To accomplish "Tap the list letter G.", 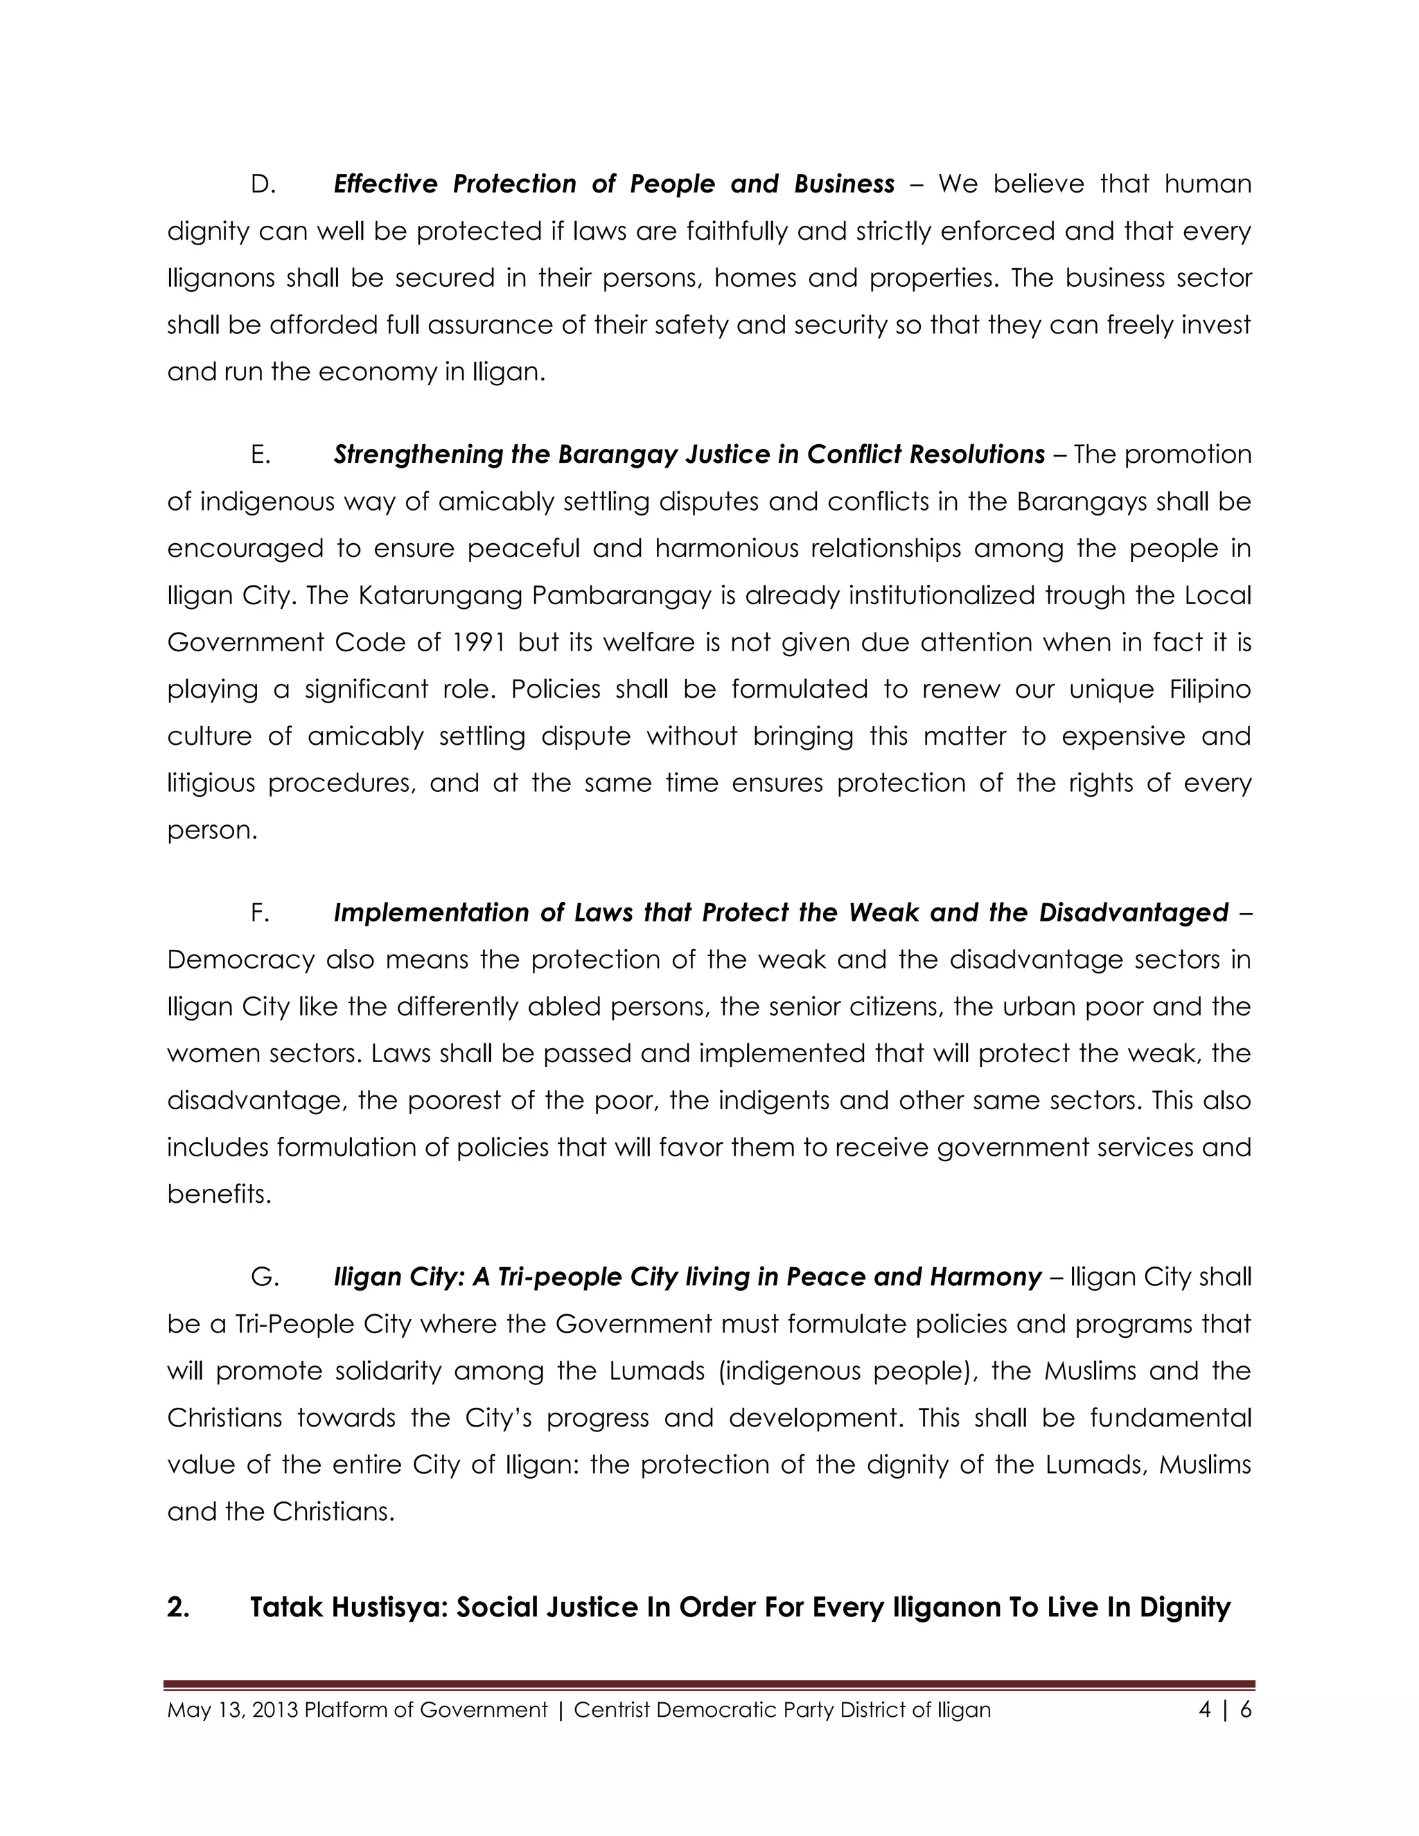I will click(x=263, y=1277).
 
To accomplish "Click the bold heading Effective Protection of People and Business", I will click(x=614, y=184).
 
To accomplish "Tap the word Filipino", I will click(x=1210, y=689).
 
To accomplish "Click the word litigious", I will click(x=210, y=784).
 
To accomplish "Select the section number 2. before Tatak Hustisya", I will click(x=177, y=1607).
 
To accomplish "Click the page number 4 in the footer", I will click(x=1205, y=1710).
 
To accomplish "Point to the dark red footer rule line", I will click(x=709, y=1685).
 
